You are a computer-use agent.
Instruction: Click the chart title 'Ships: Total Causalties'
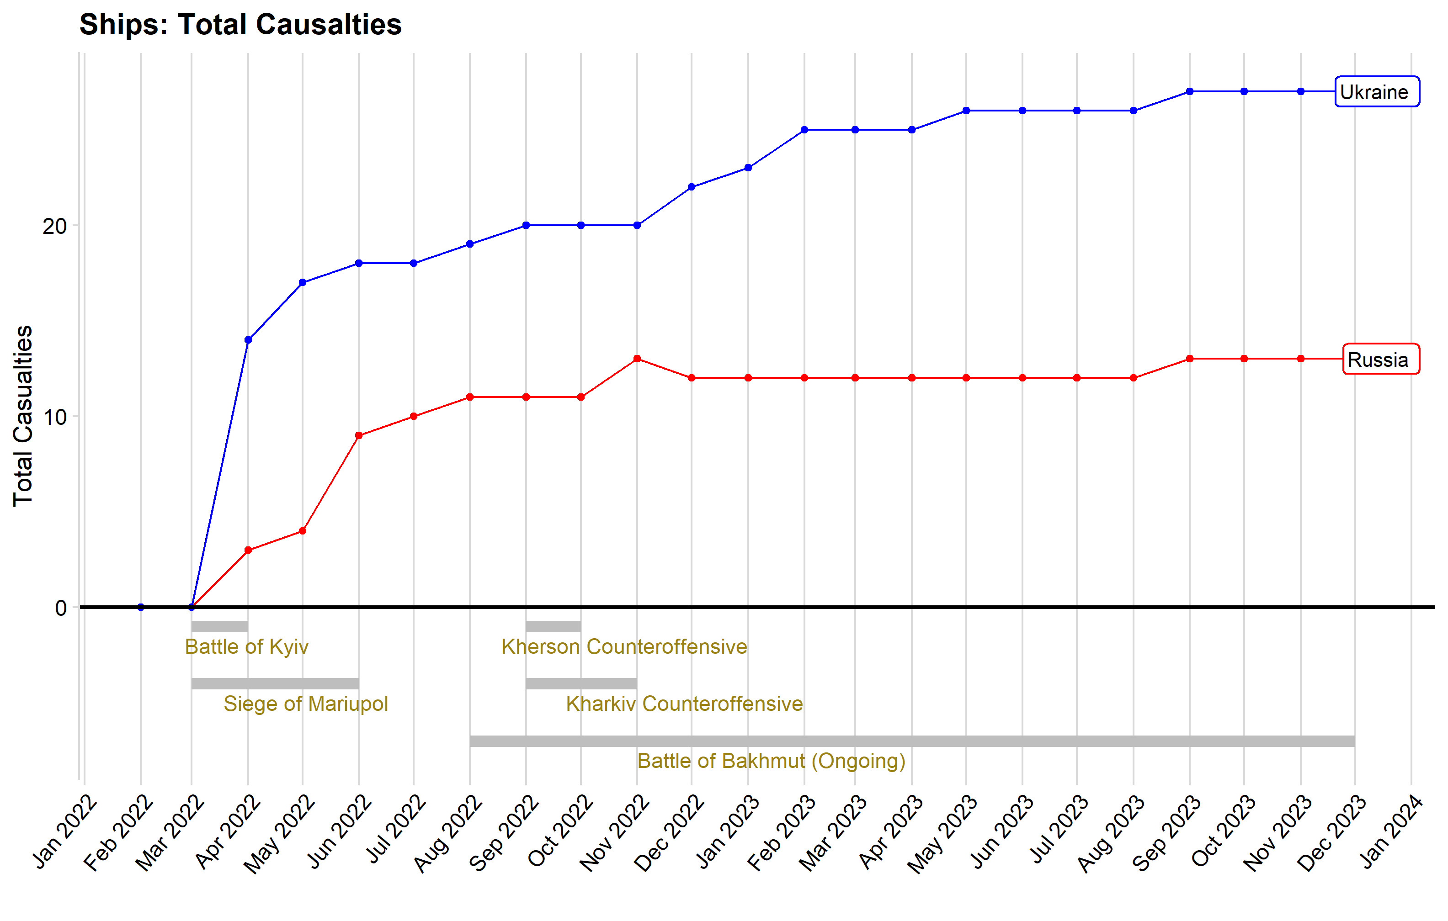tap(240, 25)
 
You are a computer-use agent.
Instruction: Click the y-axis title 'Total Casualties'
tap(23, 416)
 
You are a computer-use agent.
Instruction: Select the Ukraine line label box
tap(1377, 92)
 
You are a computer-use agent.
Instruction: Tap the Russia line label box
tap(1381, 359)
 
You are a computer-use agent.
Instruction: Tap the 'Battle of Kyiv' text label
tap(246, 647)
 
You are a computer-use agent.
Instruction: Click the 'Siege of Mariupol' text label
tap(305, 704)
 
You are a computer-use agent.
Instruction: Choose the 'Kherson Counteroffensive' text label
tap(624, 647)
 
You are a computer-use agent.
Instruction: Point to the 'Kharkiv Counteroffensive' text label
tap(684, 704)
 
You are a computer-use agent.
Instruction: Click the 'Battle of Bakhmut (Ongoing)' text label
tap(772, 761)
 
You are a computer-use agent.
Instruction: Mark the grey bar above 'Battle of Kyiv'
tap(219, 626)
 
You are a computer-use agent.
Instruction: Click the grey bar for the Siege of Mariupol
tap(275, 683)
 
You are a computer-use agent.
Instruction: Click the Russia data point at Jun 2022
tap(359, 436)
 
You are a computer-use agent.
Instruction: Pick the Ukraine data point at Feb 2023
tap(804, 130)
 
